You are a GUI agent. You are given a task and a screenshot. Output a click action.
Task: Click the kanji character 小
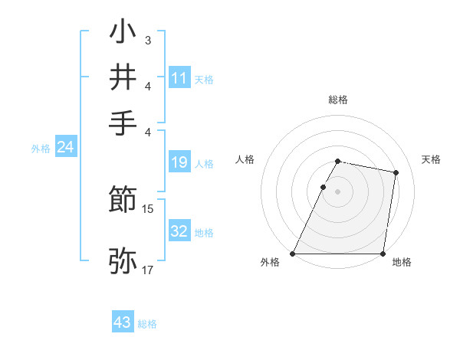(x=123, y=34)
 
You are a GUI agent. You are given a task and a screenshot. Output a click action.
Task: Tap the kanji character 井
(x=123, y=77)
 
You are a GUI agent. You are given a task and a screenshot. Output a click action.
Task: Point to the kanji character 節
(x=123, y=201)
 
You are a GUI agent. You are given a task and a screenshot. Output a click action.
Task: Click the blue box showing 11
(x=179, y=77)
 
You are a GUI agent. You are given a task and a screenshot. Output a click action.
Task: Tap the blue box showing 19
(x=179, y=162)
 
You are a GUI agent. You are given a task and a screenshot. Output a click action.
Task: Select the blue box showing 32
(x=179, y=231)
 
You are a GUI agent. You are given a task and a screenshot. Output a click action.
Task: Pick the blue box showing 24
(x=66, y=147)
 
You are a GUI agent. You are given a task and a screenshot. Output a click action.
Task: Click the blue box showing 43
(x=123, y=322)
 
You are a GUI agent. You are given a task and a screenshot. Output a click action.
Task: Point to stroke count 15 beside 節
(x=149, y=208)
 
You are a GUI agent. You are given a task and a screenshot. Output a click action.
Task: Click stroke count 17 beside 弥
(x=149, y=270)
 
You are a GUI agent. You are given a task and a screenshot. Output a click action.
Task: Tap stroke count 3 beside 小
(x=148, y=39)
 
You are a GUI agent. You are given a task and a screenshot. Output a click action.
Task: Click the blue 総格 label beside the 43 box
(x=147, y=324)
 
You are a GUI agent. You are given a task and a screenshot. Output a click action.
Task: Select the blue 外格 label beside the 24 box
(x=40, y=149)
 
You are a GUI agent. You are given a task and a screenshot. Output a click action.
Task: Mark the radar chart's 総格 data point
(x=338, y=161)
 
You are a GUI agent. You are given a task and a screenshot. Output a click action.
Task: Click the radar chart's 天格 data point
(x=396, y=173)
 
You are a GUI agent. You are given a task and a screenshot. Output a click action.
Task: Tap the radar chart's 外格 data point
(x=293, y=254)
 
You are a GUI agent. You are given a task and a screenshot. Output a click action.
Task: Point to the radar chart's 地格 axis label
(x=402, y=263)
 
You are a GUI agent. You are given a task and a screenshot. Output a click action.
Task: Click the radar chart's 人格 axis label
(x=245, y=159)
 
